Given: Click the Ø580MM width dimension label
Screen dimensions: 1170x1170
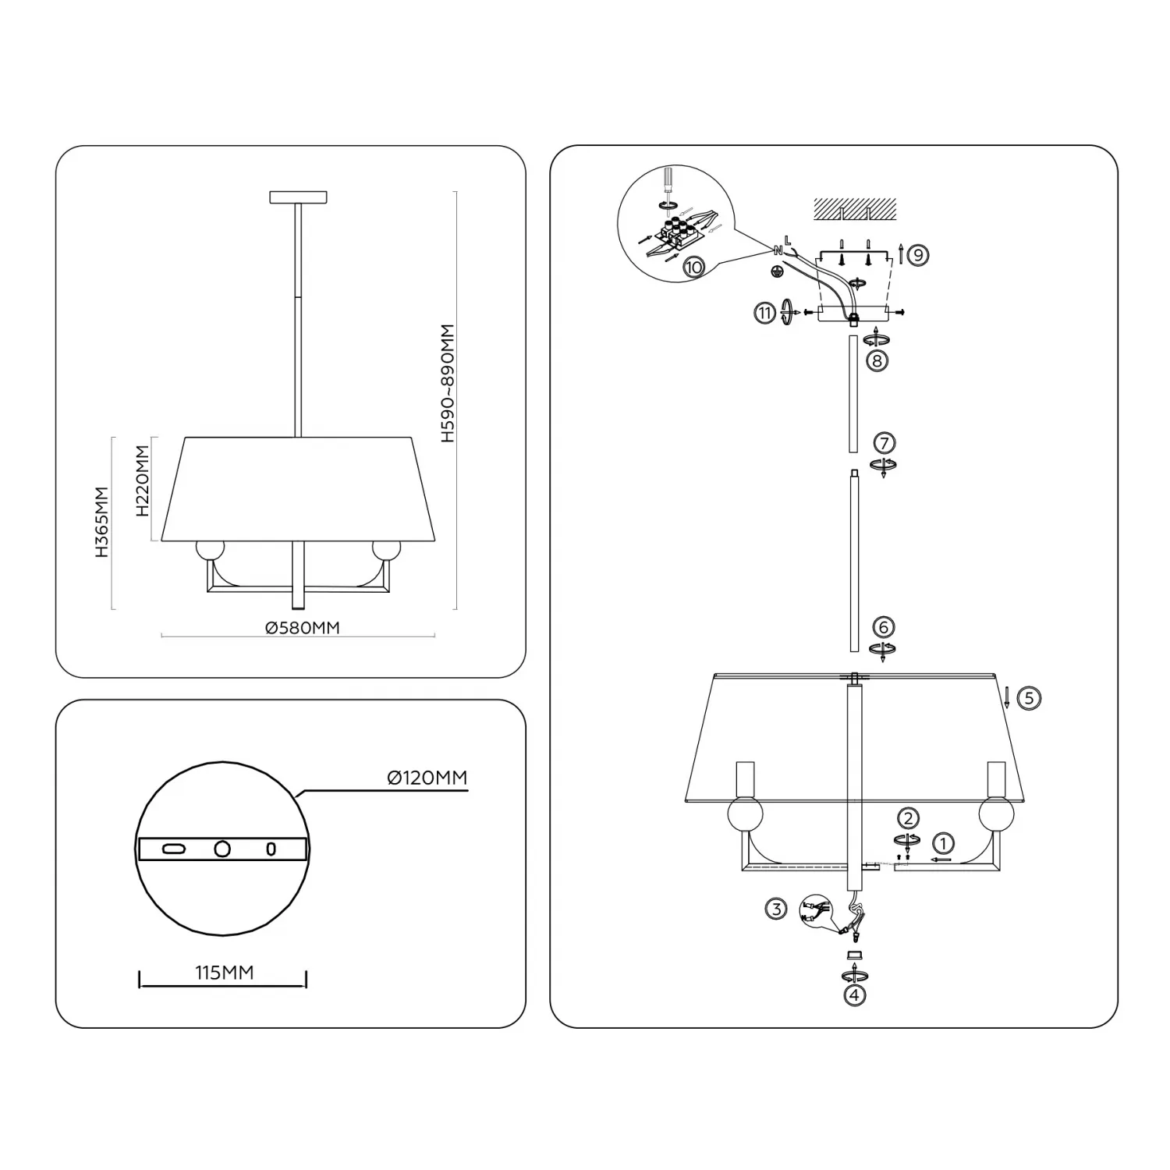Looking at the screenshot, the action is click(x=303, y=627).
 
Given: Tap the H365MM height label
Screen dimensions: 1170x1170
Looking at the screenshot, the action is click(x=102, y=522).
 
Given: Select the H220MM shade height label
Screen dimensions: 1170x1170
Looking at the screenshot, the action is click(x=142, y=481).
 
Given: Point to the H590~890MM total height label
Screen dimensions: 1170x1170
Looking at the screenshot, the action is click(x=447, y=384).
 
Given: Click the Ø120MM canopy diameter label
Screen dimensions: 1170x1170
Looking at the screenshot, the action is click(x=427, y=778).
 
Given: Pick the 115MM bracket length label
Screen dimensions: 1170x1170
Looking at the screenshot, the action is click(x=225, y=972).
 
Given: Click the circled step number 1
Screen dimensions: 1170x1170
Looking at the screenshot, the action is click(x=944, y=843).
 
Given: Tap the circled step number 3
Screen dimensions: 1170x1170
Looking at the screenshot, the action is click(x=775, y=909).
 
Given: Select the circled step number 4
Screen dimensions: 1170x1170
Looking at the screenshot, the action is click(x=855, y=995).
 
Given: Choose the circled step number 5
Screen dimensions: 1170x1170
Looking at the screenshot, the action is click(x=1029, y=697).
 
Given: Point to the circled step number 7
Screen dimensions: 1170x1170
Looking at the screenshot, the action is click(x=884, y=443).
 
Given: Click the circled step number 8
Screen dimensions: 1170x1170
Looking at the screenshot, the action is click(x=877, y=361).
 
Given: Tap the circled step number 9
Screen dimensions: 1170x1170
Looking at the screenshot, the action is click(x=919, y=254).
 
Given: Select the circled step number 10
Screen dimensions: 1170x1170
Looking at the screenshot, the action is click(x=693, y=267).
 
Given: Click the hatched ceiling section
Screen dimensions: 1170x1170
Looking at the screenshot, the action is click(x=855, y=208).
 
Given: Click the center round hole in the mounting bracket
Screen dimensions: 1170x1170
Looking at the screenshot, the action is click(x=223, y=848).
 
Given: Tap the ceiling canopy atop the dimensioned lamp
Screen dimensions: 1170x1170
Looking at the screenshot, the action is click(x=298, y=197).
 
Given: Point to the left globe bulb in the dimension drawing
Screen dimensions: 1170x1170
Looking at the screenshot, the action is click(x=209, y=549).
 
